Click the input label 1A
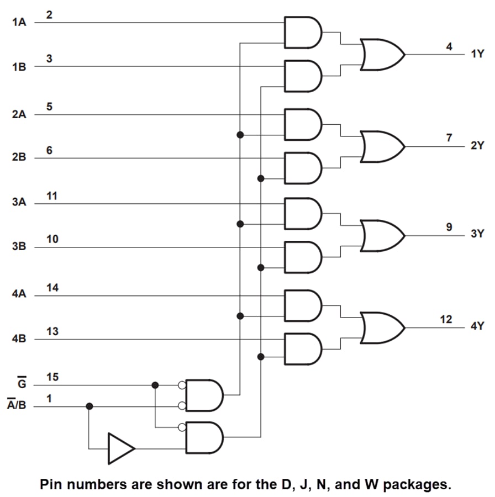19,23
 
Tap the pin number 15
53,377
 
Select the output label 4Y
477,326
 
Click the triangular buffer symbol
120,448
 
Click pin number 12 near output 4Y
446,319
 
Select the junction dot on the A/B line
89,406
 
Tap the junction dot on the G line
155,385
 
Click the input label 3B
19,247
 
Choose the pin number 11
53,196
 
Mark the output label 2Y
477,146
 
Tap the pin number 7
449,138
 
